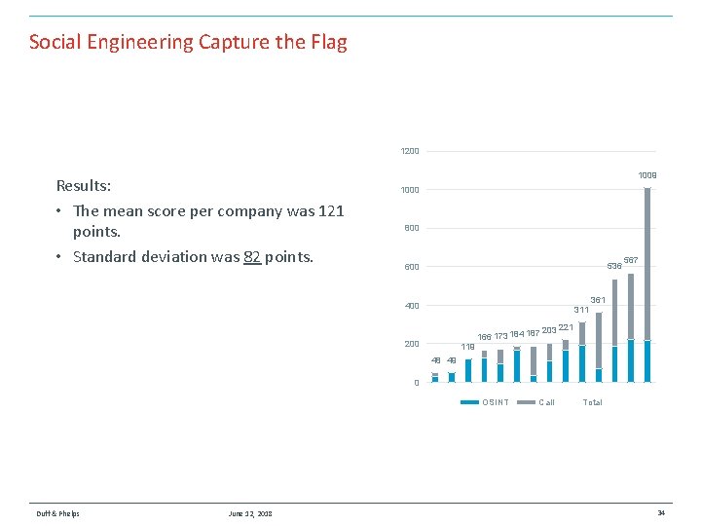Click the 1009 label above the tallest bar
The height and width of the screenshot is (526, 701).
[x=647, y=175]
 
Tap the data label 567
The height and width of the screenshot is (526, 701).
[x=631, y=260]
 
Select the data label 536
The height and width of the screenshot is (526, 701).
[x=614, y=266]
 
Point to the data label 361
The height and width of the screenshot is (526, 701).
[x=598, y=300]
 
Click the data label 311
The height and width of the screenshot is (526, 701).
[x=581, y=310]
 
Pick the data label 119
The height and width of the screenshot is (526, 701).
[x=467, y=347]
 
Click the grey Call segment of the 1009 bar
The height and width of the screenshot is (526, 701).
[x=647, y=263]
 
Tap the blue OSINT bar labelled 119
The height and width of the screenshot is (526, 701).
[x=467, y=370]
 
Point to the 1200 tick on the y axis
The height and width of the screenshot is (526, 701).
[x=409, y=151]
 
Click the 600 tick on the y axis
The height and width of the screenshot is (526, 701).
[x=411, y=267]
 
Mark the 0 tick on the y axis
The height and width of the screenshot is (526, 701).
[x=416, y=383]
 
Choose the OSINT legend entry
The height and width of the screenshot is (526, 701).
[x=495, y=402]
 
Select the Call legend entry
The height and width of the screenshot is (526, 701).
[x=546, y=402]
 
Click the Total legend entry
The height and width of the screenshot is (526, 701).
[x=592, y=402]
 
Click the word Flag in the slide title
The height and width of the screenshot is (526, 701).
[x=327, y=42]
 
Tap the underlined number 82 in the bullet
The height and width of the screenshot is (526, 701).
[x=251, y=257]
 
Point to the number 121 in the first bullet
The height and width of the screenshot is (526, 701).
[x=330, y=211]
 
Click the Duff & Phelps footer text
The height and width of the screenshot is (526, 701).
[x=58, y=513]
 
